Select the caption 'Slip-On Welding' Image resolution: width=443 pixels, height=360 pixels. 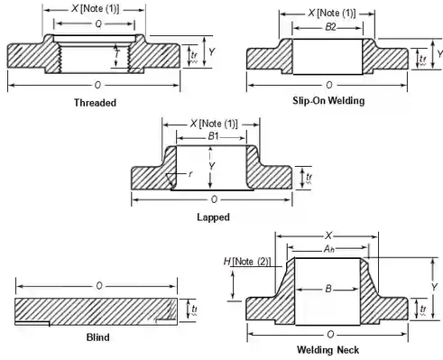(x=328, y=100)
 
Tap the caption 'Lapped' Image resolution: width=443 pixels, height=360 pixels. (x=212, y=217)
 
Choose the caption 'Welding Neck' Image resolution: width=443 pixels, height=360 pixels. (x=328, y=348)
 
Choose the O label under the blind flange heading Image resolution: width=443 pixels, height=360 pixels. (x=97, y=287)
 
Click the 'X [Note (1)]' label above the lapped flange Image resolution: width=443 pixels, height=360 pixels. (x=212, y=123)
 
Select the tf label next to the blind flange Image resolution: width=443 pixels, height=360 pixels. (x=194, y=309)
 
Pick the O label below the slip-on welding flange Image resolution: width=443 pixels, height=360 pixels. (x=328, y=84)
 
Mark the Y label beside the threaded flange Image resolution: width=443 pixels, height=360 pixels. (x=210, y=51)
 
